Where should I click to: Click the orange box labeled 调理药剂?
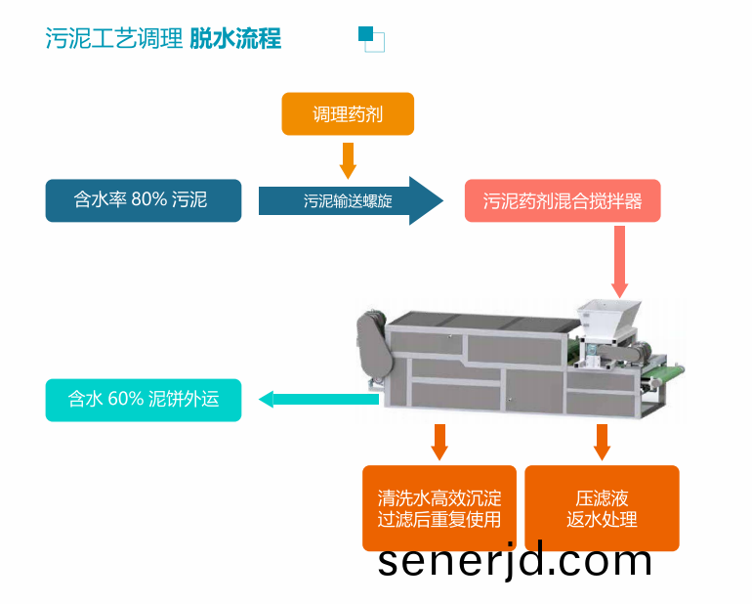coord(348,113)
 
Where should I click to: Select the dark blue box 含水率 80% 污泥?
coord(144,200)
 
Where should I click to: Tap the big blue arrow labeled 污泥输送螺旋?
coord(351,200)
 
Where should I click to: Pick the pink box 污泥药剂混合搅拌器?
coord(563,200)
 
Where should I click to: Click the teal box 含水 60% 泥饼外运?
coord(144,400)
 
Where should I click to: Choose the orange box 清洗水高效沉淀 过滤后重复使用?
coord(439,508)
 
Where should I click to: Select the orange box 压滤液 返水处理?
coord(602,508)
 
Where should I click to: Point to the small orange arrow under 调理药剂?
coord(348,160)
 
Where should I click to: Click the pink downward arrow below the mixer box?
coord(619,262)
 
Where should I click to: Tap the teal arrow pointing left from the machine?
coord(319,399)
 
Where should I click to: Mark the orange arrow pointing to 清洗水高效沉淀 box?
coord(439,442)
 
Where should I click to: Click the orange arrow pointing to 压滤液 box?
coord(602,442)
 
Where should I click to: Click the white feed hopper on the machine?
coord(607,319)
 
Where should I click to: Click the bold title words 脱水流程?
coord(235,38)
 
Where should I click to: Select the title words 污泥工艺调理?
coord(113,38)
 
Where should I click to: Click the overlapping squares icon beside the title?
coord(372,39)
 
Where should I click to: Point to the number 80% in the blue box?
coord(148,199)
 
